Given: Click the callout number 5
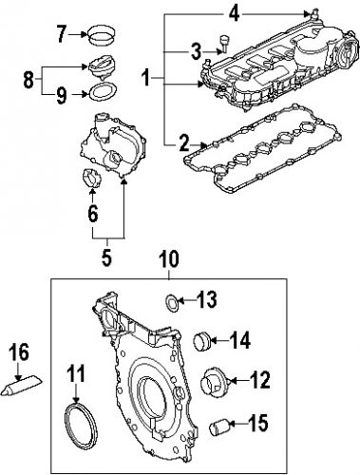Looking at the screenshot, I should [105, 256].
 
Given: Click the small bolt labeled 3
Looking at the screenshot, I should [225, 40].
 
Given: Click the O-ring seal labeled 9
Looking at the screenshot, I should [100, 92].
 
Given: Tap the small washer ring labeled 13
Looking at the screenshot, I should [172, 303].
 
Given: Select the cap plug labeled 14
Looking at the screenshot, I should [201, 339].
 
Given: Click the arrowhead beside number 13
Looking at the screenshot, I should [184, 302].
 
